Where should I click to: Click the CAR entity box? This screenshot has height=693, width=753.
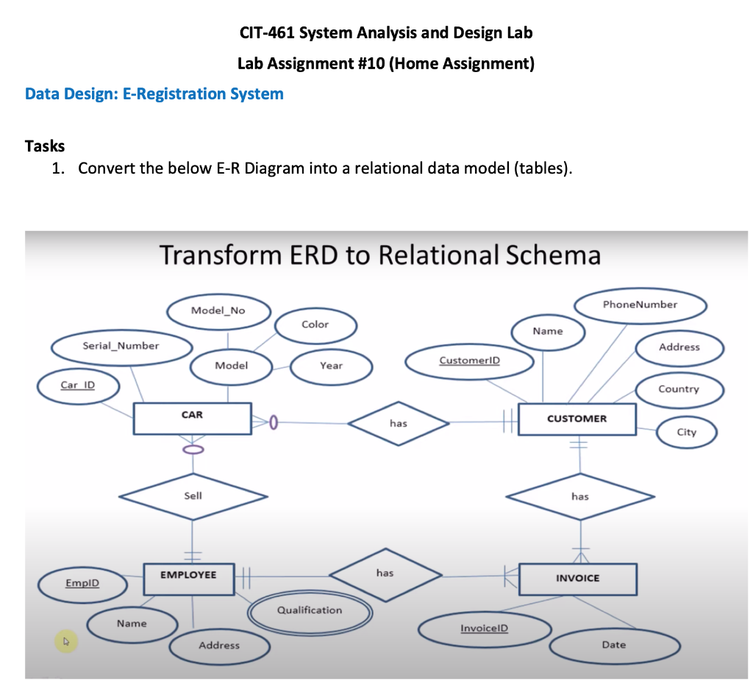pyautogui.click(x=192, y=418)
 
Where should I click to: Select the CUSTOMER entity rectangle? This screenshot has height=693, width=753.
pyautogui.click(x=577, y=419)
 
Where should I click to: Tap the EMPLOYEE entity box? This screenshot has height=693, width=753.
pyautogui.click(x=189, y=578)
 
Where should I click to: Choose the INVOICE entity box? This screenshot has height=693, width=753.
pyautogui.click(x=577, y=579)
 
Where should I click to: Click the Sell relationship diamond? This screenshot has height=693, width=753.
pyautogui.click(x=193, y=497)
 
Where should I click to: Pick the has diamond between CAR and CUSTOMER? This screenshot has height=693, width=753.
pyautogui.click(x=398, y=423)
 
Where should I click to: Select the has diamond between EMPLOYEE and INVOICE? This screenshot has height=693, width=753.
pyautogui.click(x=385, y=573)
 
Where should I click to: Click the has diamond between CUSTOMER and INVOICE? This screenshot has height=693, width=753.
pyautogui.click(x=579, y=497)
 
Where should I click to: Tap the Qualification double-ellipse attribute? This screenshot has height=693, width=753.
pyautogui.click(x=309, y=610)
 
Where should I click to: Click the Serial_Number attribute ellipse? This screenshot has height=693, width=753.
pyautogui.click(x=121, y=345)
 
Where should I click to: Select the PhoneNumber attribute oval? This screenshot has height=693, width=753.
pyautogui.click(x=640, y=305)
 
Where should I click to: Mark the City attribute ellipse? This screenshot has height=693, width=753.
pyautogui.click(x=686, y=432)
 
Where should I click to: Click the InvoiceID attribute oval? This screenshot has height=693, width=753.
pyautogui.click(x=484, y=628)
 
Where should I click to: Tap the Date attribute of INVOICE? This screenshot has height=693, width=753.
pyautogui.click(x=614, y=645)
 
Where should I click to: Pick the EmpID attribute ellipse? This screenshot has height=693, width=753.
pyautogui.click(x=82, y=583)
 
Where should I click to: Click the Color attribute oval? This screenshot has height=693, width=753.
pyautogui.click(x=315, y=324)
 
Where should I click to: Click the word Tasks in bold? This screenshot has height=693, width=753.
pyautogui.click(x=45, y=146)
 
